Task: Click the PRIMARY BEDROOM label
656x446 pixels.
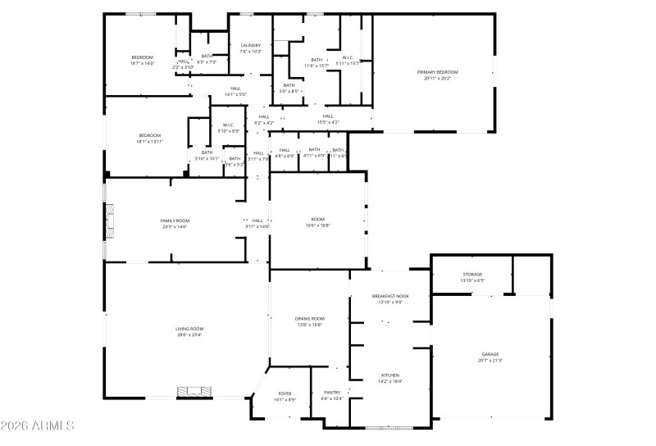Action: [437, 73]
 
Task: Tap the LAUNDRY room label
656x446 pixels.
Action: [251, 46]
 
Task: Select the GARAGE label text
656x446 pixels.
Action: [490, 354]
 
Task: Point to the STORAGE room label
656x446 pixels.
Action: [472, 275]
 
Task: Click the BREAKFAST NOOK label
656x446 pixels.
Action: [390, 296]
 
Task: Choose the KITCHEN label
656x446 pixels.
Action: [390, 375]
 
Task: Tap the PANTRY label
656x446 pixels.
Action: [332, 393]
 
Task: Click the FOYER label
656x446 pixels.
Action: [285, 393]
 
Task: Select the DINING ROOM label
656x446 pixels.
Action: [310, 318]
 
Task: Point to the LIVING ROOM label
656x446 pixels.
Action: [189, 329]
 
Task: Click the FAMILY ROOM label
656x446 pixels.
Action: [174, 221]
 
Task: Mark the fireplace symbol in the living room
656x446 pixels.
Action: [194, 393]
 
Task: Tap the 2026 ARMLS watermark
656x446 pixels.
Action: [39, 426]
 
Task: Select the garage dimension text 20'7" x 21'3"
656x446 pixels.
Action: [490, 361]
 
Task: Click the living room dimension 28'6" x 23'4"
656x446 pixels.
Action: [189, 334]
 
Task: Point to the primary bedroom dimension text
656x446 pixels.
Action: [437, 79]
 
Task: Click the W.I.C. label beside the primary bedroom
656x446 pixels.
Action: [348, 57]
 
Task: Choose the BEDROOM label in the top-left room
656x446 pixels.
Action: [142, 57]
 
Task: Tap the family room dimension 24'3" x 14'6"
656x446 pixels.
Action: [174, 226]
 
